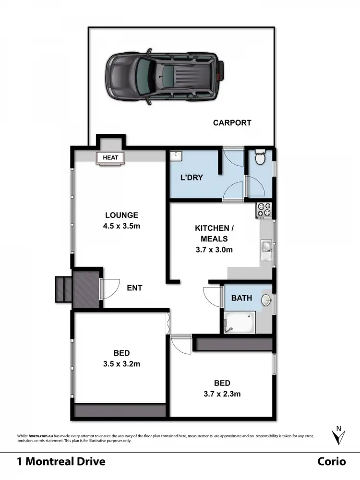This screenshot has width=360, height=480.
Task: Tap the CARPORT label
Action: coord(232,123)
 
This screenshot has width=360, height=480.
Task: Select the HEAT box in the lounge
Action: coord(111,157)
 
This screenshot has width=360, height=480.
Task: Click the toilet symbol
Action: coord(260,157)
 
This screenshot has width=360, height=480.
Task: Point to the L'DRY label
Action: coord(192,178)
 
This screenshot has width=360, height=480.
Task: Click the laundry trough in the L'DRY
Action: coord(177,156)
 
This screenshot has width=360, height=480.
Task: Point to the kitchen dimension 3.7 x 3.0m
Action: coord(215,250)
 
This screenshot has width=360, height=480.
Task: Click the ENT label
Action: coord(134,288)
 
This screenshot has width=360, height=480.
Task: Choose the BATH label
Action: coord(241,298)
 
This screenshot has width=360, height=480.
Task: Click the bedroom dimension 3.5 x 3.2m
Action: coord(122,364)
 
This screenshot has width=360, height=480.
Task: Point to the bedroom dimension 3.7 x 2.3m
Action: coord(222,395)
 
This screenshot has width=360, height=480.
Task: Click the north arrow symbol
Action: coord(339,435)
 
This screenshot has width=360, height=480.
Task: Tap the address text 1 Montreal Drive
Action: coord(61,462)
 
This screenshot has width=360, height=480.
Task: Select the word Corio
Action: coord(331,462)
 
